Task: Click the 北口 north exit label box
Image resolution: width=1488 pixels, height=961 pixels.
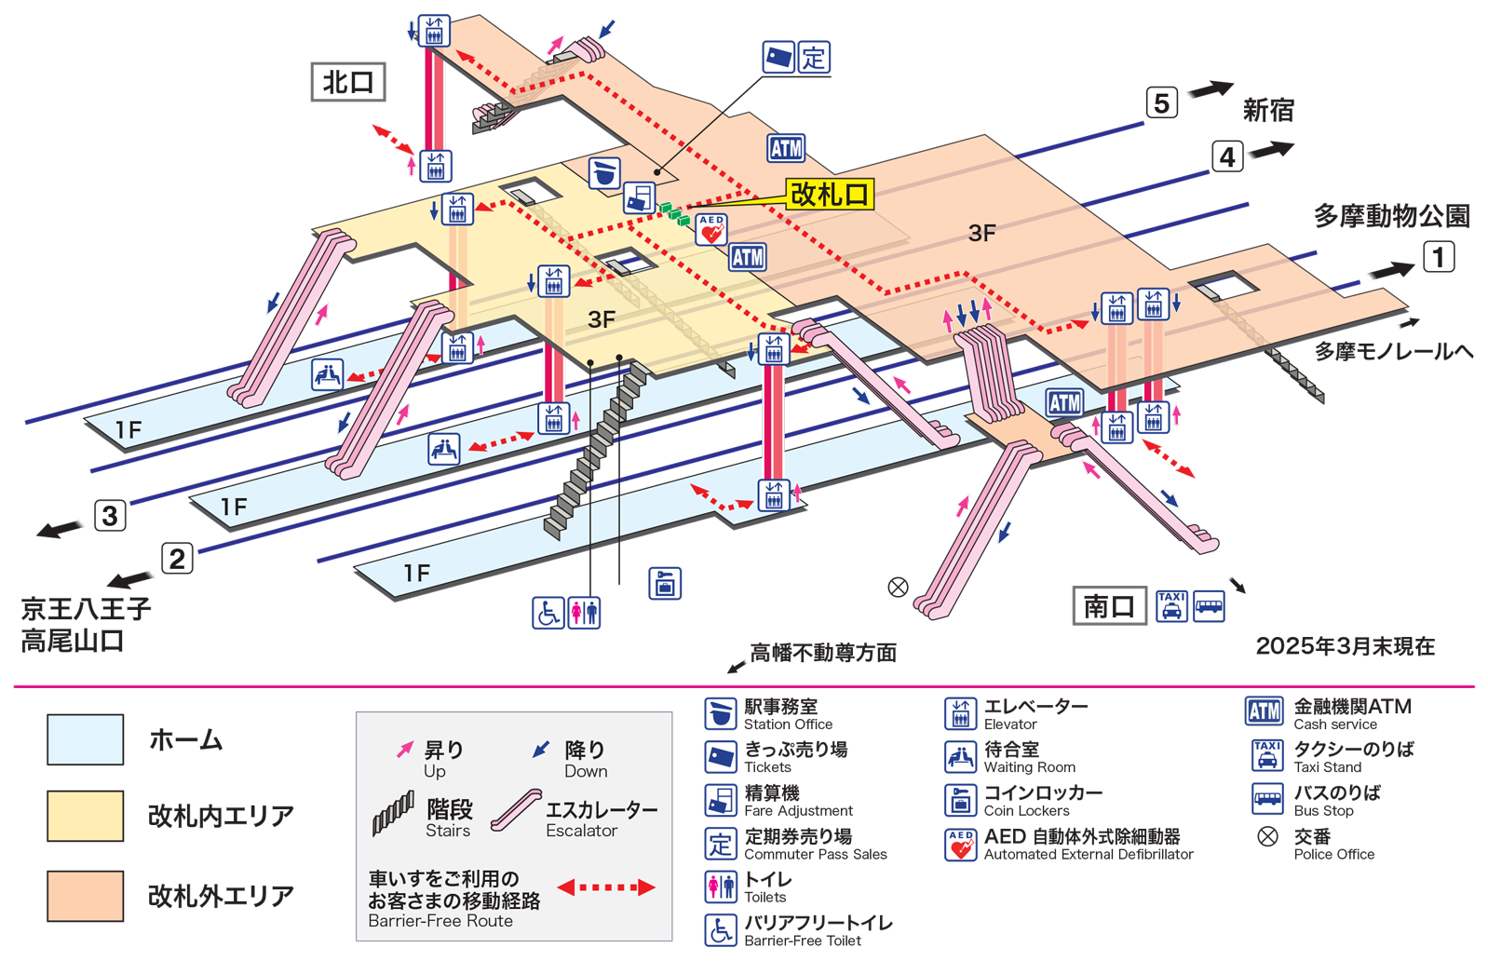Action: (x=347, y=82)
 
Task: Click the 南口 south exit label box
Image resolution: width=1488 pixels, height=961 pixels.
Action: (x=1108, y=607)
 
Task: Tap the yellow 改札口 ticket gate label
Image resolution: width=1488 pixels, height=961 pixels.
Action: (x=829, y=195)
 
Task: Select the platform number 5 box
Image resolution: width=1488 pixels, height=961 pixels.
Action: (x=1161, y=102)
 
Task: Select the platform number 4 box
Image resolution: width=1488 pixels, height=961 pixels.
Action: (x=1227, y=156)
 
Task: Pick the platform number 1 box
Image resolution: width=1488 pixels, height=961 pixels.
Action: (x=1438, y=257)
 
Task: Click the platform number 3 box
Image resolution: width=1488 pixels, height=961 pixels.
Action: (x=110, y=515)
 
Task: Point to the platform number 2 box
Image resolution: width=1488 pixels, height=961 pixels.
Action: (x=177, y=559)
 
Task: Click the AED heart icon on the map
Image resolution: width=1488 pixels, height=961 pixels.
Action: (x=711, y=230)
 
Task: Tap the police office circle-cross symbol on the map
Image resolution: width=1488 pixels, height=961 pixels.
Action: (x=898, y=587)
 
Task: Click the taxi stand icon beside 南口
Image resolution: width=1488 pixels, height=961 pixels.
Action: (x=1171, y=606)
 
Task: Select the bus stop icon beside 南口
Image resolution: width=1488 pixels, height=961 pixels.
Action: (x=1209, y=606)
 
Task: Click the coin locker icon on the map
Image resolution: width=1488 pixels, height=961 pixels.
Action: (x=665, y=583)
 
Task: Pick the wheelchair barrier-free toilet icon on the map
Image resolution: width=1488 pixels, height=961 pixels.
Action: (x=548, y=613)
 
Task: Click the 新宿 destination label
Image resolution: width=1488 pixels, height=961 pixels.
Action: (x=1268, y=111)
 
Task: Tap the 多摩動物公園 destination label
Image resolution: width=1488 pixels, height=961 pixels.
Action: (x=1391, y=216)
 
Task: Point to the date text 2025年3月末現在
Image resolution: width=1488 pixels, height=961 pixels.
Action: (x=1345, y=646)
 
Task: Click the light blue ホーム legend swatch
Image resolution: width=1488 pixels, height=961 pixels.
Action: (x=86, y=740)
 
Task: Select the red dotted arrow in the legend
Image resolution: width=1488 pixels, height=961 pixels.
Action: (x=606, y=887)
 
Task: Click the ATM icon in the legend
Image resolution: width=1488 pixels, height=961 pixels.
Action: (x=1264, y=712)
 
